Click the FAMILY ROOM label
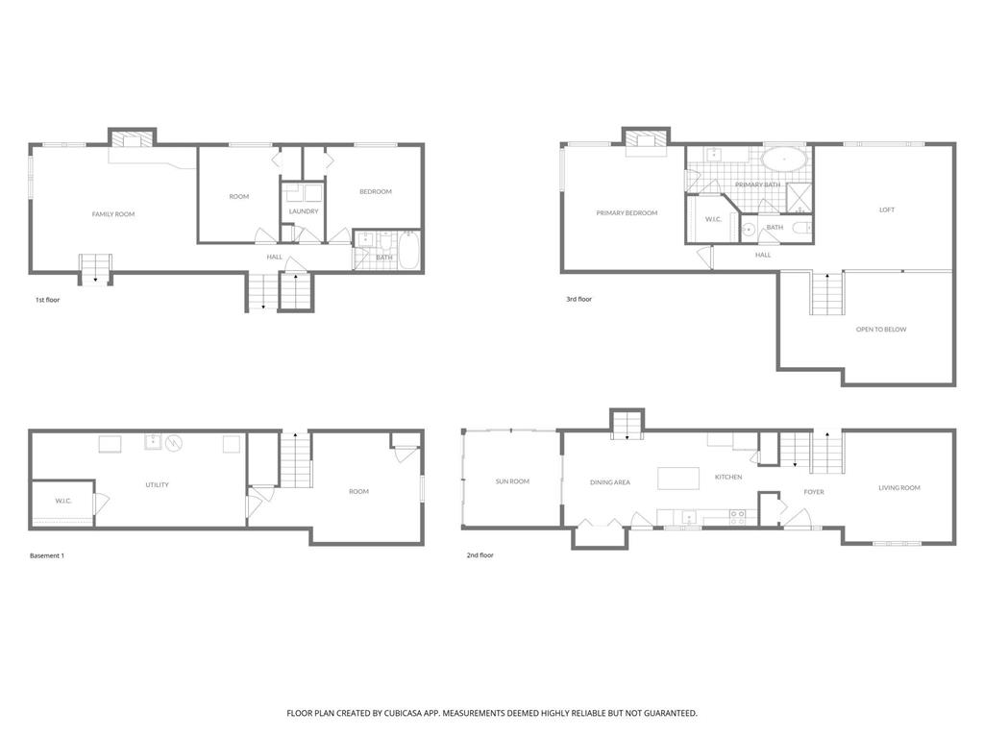[x=113, y=214]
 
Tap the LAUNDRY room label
[x=304, y=211]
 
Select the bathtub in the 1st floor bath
[x=408, y=250]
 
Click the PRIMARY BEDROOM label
[x=627, y=212]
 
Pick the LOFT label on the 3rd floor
[x=887, y=209]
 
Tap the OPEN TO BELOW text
[x=881, y=329]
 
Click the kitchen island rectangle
[x=678, y=479]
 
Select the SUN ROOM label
[x=512, y=481]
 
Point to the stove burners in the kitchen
[x=737, y=518]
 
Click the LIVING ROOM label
[x=899, y=487]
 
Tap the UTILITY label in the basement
[x=157, y=484]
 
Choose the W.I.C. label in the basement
[x=63, y=501]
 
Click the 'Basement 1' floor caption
[x=47, y=555]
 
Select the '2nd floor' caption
[x=480, y=554]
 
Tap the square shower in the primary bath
[x=799, y=197]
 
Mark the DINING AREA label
[x=610, y=482]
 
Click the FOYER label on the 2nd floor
[x=814, y=492]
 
